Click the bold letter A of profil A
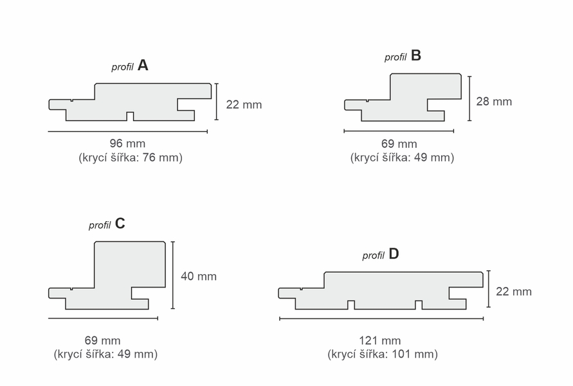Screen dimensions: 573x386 143,66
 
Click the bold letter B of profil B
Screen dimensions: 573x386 416,55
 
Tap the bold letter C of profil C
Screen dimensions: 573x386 120,223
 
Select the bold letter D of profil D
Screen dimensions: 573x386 394,253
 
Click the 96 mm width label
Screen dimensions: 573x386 127,143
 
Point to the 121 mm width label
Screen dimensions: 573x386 379,341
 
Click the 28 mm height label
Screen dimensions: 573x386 494,101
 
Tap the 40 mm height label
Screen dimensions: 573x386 199,276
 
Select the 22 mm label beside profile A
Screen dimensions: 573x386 244,104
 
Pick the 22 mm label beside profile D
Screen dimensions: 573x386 514,291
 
